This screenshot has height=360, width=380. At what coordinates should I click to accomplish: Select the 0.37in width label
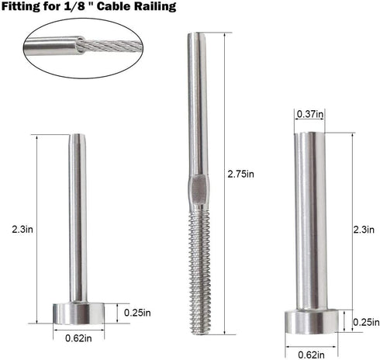pyautogui.click(x=310, y=114)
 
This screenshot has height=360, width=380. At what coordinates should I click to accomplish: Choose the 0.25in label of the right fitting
pyautogui.click(x=365, y=322)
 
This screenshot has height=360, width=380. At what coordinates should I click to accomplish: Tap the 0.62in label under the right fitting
pyautogui.click(x=309, y=355)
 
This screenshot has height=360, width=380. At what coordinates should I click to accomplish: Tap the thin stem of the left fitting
pyautogui.click(x=76, y=217)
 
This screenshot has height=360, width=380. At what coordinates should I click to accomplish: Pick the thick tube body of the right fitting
pyautogui.click(x=309, y=217)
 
